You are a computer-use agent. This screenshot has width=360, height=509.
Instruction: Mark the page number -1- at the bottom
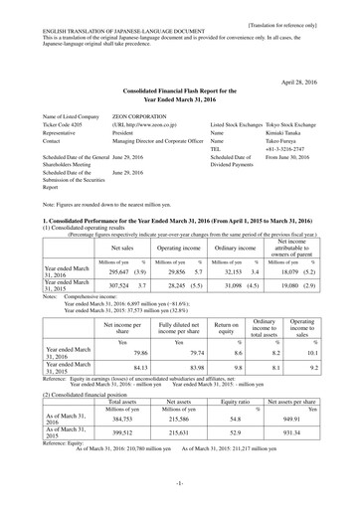(180, 487)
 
